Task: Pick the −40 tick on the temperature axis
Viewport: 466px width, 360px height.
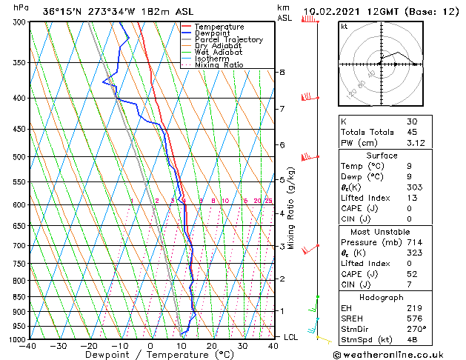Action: coord(30,345)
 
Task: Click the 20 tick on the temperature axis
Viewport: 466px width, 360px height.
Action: coord(212,345)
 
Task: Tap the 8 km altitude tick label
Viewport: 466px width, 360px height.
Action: coord(282,72)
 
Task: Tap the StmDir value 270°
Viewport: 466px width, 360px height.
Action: coord(416,329)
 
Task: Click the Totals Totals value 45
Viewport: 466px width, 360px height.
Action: coord(413,132)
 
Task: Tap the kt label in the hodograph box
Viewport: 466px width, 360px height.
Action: coord(344,26)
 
